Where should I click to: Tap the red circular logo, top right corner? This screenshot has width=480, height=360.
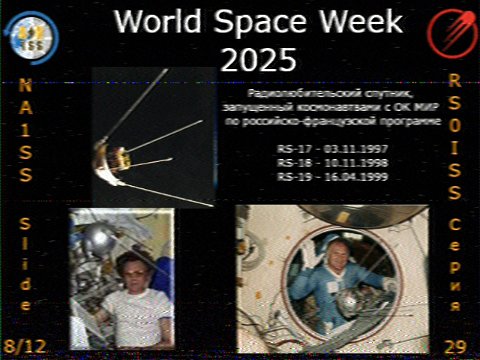(x=447, y=32)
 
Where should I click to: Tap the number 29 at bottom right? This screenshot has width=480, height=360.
(x=455, y=345)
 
